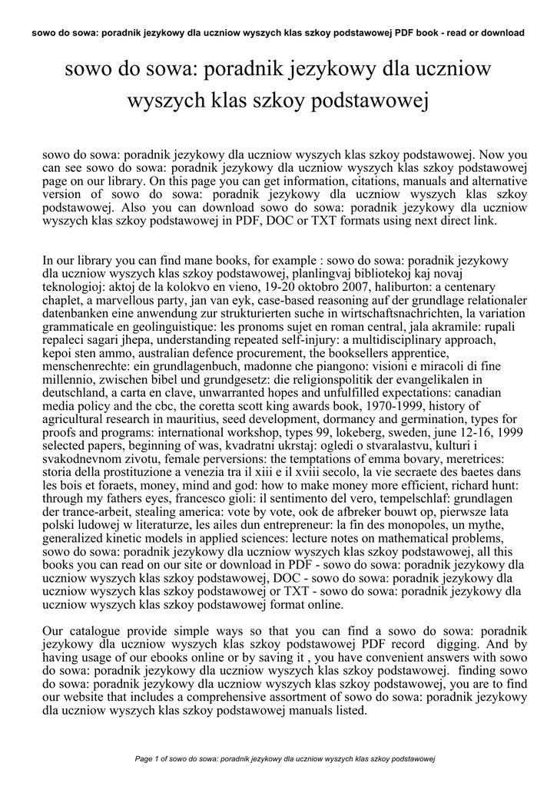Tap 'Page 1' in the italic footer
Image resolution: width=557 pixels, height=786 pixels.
pos(146,758)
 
